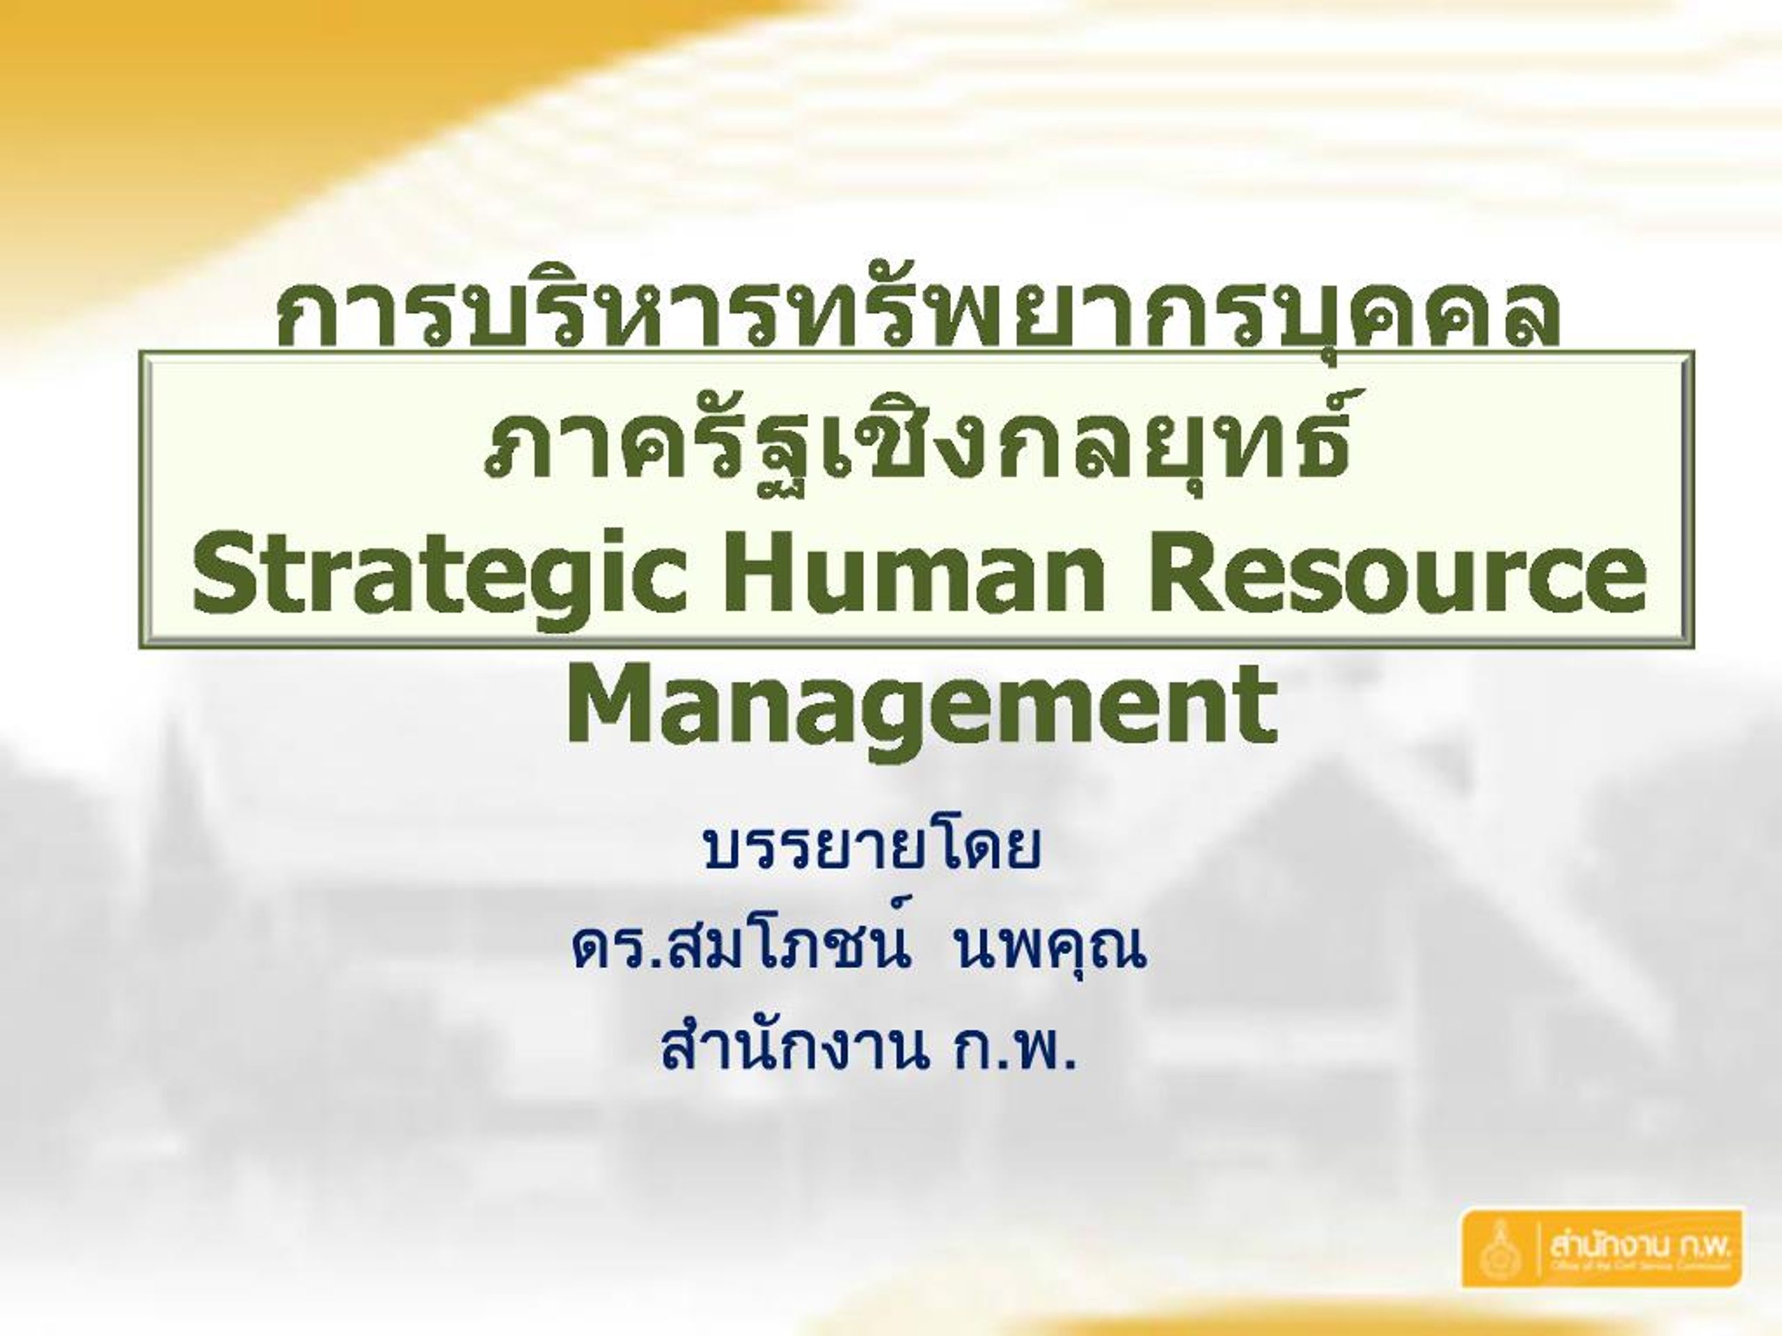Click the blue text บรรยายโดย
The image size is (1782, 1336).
pos(871,849)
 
